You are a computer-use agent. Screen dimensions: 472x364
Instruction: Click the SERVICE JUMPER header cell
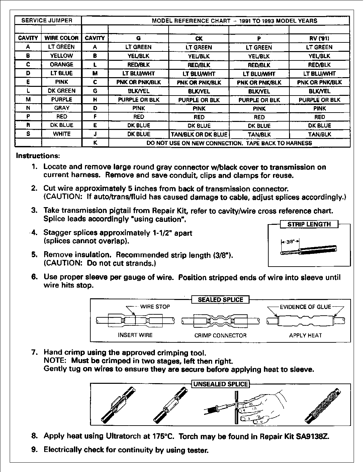pos(47,20)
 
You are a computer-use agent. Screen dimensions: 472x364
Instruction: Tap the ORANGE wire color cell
pos(62,64)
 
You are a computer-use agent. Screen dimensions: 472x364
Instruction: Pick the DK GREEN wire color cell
pos(62,91)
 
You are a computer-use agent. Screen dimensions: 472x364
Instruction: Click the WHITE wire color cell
pos(62,134)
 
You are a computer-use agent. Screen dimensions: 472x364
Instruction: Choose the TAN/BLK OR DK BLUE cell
pos(199,134)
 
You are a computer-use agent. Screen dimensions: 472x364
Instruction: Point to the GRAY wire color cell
pos(62,108)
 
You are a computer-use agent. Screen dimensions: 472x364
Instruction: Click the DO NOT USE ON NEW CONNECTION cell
pos(229,143)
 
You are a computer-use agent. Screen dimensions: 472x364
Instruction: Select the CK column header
pos(199,38)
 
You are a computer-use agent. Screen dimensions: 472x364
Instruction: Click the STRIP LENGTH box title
pos(309,224)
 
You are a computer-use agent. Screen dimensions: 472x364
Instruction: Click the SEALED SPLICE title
pos(220,300)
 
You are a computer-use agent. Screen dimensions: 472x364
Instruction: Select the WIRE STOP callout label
pos(155,307)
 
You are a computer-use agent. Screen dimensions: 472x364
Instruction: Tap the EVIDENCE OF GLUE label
pos(305,307)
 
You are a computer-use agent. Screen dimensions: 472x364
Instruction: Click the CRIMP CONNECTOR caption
pos(220,335)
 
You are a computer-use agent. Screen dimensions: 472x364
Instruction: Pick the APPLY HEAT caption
pos(305,335)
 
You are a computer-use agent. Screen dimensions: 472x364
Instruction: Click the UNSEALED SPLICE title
pos(220,384)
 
